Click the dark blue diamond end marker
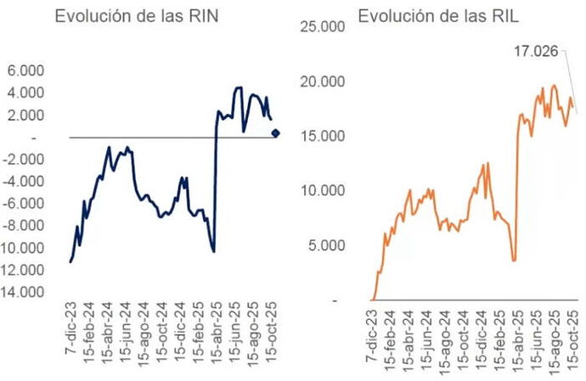pyautogui.click(x=276, y=132)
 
